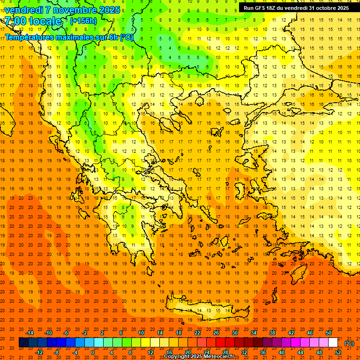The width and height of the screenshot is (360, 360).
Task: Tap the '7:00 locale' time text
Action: (x=33, y=21)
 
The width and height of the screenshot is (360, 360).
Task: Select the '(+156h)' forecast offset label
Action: (x=83, y=21)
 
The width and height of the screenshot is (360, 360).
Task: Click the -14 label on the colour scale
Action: (x=30, y=333)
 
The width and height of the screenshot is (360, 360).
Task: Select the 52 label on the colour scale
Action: (x=337, y=352)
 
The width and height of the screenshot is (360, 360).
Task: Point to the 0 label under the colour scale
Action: (x=93, y=352)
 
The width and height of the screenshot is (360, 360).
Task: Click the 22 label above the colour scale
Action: (x=197, y=333)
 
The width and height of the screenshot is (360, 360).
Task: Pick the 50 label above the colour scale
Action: (x=328, y=333)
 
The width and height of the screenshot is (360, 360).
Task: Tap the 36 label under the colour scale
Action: (x=262, y=352)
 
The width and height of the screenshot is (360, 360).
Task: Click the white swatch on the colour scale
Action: (x=333, y=343)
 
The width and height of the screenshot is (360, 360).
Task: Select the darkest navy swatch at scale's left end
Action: (x=23, y=343)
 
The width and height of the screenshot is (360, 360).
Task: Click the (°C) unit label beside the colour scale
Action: (x=349, y=343)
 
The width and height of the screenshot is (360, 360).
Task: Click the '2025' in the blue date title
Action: (x=109, y=10)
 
